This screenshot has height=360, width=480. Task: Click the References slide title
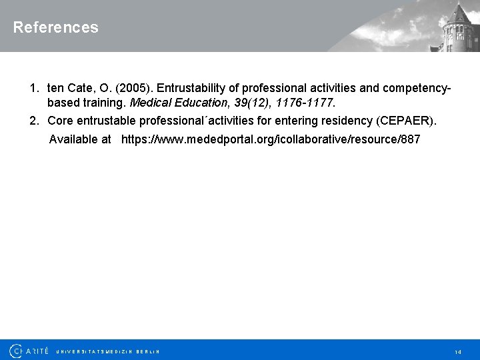point(55,27)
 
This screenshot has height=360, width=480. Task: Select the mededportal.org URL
point(271,139)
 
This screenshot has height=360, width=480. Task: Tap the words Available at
point(80,139)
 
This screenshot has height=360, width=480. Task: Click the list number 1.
point(33,89)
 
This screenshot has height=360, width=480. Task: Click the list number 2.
point(33,121)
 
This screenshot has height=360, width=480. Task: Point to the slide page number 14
point(458,351)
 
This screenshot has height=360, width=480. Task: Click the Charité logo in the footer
point(29,351)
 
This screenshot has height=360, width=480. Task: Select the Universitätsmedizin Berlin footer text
point(108,351)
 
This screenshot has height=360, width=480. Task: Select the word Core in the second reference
point(60,121)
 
